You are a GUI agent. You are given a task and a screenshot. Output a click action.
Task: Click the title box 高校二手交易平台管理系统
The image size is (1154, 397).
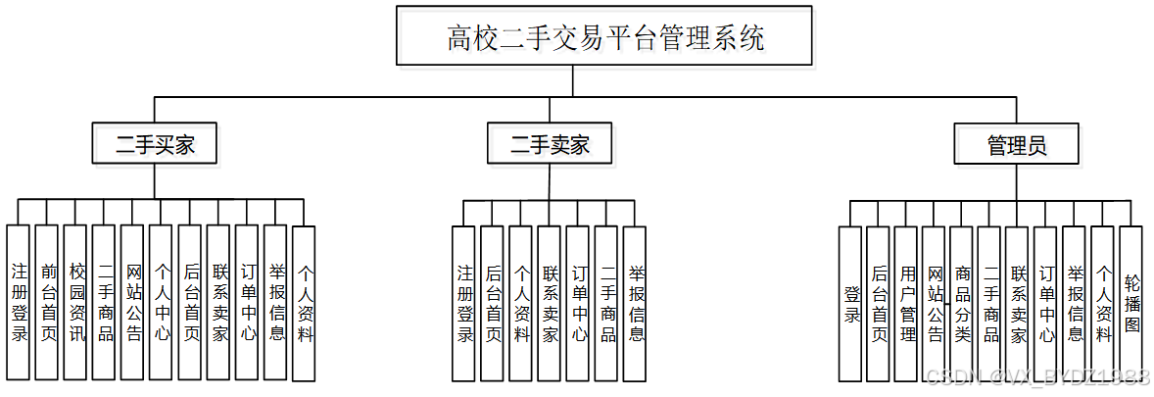point(604,38)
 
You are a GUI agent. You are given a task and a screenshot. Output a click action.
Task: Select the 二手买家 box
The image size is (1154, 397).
point(155,146)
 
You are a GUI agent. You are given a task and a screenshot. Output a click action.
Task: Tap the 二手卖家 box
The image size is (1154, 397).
point(550,146)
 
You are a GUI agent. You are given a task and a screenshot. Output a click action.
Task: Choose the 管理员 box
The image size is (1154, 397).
point(1016,146)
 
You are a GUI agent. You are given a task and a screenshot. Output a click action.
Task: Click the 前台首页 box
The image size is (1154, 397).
point(47,303)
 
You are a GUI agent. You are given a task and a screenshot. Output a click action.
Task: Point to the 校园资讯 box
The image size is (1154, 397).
point(75,303)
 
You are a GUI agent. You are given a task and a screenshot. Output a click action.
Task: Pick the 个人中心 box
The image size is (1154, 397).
point(162,303)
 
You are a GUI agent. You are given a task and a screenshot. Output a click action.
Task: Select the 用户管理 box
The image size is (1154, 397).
point(907,303)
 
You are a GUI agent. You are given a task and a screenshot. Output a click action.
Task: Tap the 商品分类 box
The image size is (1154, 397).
point(963,303)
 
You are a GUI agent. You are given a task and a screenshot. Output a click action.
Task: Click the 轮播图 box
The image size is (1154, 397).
point(1131,303)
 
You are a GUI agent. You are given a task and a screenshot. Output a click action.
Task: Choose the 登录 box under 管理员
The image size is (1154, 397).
point(850,303)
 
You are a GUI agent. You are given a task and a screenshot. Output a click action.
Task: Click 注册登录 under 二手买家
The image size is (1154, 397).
point(19,303)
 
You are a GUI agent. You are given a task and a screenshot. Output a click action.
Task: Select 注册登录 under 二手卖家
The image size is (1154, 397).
point(463,303)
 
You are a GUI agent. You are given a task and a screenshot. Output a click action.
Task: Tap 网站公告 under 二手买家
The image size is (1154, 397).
point(133,303)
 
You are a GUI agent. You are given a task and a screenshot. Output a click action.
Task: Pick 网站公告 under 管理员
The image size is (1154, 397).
point(936,303)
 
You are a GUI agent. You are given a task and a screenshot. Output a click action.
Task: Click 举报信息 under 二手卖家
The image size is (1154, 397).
point(635,303)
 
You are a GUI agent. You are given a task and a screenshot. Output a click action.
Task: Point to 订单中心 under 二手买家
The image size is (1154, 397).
point(248,303)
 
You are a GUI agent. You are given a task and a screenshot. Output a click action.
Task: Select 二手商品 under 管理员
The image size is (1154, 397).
point(991,303)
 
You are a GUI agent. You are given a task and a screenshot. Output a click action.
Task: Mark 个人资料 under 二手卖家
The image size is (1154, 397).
point(520,303)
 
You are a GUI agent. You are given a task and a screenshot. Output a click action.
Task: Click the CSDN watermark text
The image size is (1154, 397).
point(1037,377)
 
